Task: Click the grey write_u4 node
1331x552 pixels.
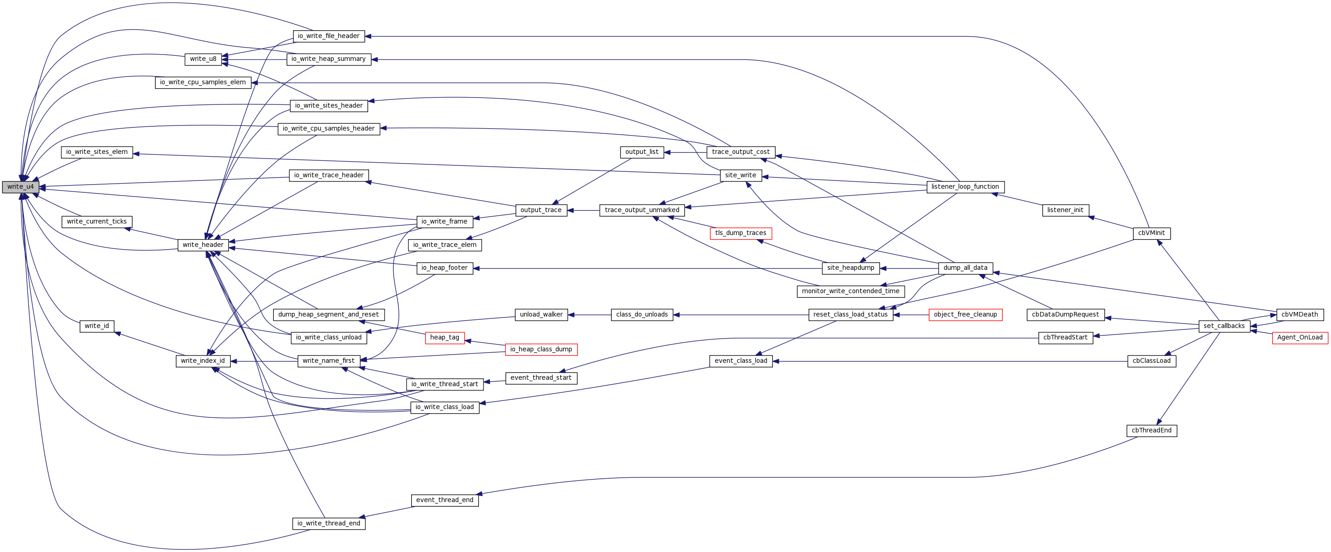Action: tap(20, 187)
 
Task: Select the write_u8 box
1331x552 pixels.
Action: tap(203, 60)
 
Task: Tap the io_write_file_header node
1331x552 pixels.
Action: tap(329, 36)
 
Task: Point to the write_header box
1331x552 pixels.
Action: tap(203, 245)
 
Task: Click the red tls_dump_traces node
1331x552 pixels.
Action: tap(740, 233)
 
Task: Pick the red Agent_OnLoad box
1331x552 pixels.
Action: tap(1299, 338)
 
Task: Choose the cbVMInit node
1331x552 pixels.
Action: tap(1151, 233)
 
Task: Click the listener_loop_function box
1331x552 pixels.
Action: tap(965, 187)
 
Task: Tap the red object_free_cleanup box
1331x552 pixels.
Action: tap(965, 315)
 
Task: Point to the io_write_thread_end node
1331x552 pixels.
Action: tap(329, 524)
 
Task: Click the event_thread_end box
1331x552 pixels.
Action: tap(445, 500)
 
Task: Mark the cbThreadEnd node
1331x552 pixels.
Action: tap(1151, 431)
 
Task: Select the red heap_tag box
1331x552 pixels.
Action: tap(445, 338)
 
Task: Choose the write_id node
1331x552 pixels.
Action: tap(97, 326)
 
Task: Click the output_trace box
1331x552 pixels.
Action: tap(541, 210)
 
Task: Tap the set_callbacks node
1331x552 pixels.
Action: tap(1224, 326)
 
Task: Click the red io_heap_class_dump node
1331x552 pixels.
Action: tap(541, 350)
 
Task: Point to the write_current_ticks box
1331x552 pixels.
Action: tap(97, 222)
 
